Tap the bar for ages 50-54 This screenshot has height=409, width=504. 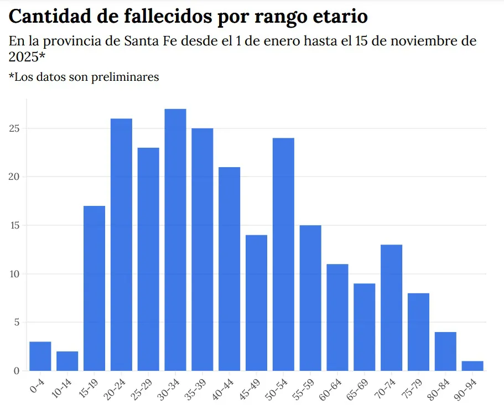click(283, 254)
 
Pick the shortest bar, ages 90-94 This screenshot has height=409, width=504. click(472, 366)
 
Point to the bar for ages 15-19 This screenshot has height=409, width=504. click(94, 288)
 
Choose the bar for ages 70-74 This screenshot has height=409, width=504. click(391, 307)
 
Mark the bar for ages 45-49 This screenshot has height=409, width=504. click(256, 303)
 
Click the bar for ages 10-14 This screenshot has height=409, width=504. click(67, 361)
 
